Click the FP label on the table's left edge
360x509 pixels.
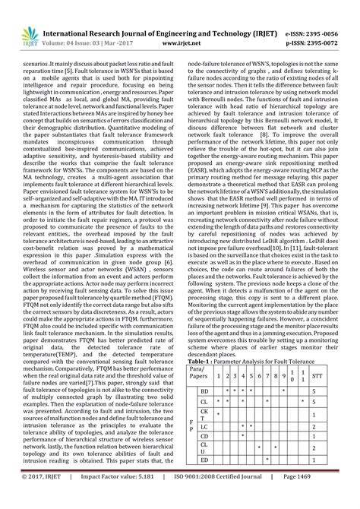point(191,428)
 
